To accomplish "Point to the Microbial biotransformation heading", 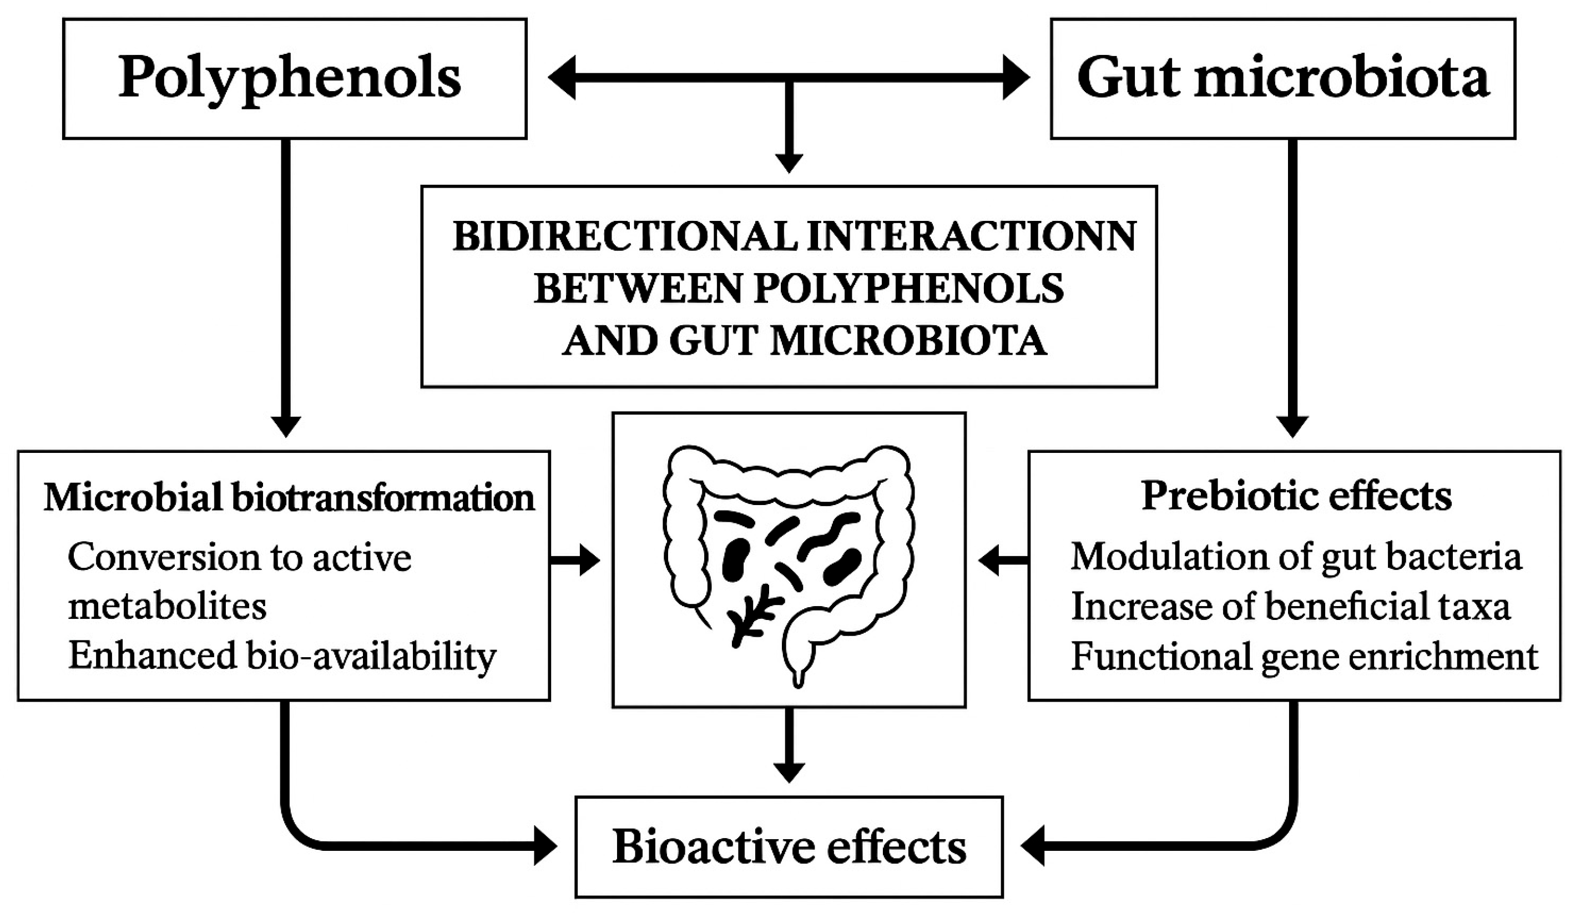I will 289,498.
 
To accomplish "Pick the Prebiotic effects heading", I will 1296,497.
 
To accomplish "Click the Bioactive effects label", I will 789,847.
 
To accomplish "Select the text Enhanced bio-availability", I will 282,657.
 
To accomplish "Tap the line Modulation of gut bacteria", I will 1296,557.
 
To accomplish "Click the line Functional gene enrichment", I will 1305,657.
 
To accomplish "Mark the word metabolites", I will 167,606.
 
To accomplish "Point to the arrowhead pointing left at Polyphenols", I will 562,78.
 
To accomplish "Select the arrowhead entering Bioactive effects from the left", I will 545,847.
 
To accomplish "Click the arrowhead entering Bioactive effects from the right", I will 1033,847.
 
